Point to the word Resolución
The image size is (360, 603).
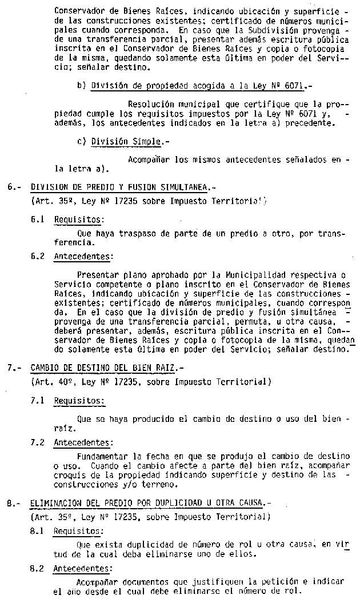pos(151,105)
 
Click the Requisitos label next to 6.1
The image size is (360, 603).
pos(79,219)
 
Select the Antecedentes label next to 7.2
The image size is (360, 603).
pos(83,442)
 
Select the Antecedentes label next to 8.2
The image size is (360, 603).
pos(83,568)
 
